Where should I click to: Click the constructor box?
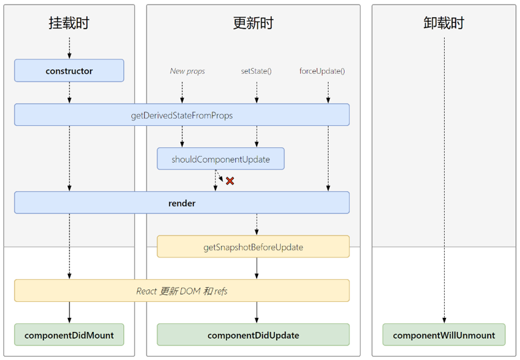tap(69, 71)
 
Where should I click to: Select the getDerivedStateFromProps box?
tap(182, 115)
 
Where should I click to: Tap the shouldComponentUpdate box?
tap(221, 159)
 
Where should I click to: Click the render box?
tap(182, 203)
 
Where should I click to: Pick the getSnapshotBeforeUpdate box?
tap(253, 247)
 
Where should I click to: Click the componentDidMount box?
tap(69, 335)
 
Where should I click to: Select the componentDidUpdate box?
tap(253, 335)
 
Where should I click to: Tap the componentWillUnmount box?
tap(444, 335)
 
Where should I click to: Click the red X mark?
tap(230, 181)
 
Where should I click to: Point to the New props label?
tap(187, 71)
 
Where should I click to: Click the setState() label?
tap(257, 71)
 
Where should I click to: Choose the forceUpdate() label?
tap(322, 71)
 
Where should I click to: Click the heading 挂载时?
tap(69, 23)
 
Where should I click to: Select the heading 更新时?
tap(253, 23)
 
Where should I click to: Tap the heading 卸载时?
tap(444, 23)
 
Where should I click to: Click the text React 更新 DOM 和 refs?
tap(182, 291)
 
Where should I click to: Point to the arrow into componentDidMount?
tap(69, 313)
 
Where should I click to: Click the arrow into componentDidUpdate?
tap(257, 313)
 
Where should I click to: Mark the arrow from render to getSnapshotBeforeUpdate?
tap(257, 225)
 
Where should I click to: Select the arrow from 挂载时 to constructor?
tap(69, 48)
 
